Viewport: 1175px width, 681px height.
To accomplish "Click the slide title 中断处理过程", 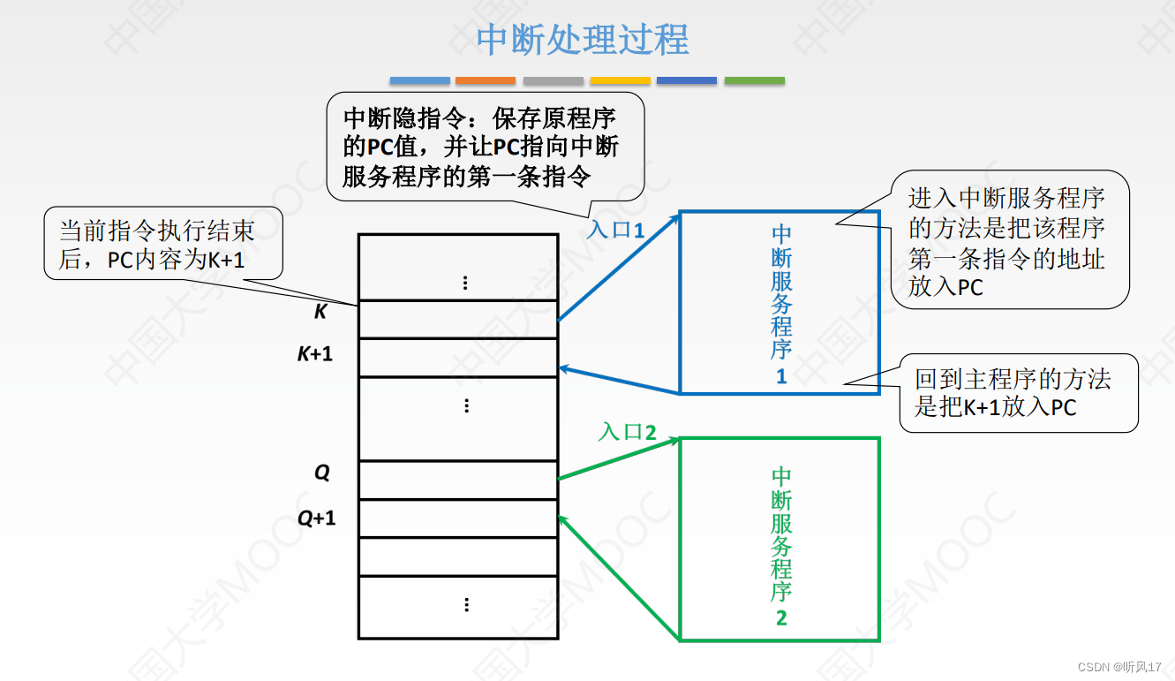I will (x=583, y=40).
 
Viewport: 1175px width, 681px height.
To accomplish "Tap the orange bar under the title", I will (x=486, y=80).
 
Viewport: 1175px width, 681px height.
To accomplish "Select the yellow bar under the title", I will (x=621, y=80).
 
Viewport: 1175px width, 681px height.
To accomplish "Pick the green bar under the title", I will (x=755, y=80).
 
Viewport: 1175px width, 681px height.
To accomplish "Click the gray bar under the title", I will (x=554, y=80).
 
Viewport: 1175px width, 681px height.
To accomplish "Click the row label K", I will (x=320, y=312).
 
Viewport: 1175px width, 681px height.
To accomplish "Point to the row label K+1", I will (x=315, y=354).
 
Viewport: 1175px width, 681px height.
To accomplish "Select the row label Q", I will (x=322, y=473).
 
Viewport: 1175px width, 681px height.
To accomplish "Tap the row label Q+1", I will (x=316, y=518).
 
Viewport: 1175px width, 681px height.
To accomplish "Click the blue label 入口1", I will (x=616, y=231).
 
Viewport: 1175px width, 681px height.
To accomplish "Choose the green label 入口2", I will (x=628, y=432).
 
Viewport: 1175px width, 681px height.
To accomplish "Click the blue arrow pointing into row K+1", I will (x=618, y=381).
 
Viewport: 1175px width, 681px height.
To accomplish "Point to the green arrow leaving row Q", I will (x=618, y=458).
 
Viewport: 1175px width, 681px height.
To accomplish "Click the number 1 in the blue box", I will (x=781, y=377).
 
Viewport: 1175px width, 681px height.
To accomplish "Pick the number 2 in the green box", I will (x=781, y=617).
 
